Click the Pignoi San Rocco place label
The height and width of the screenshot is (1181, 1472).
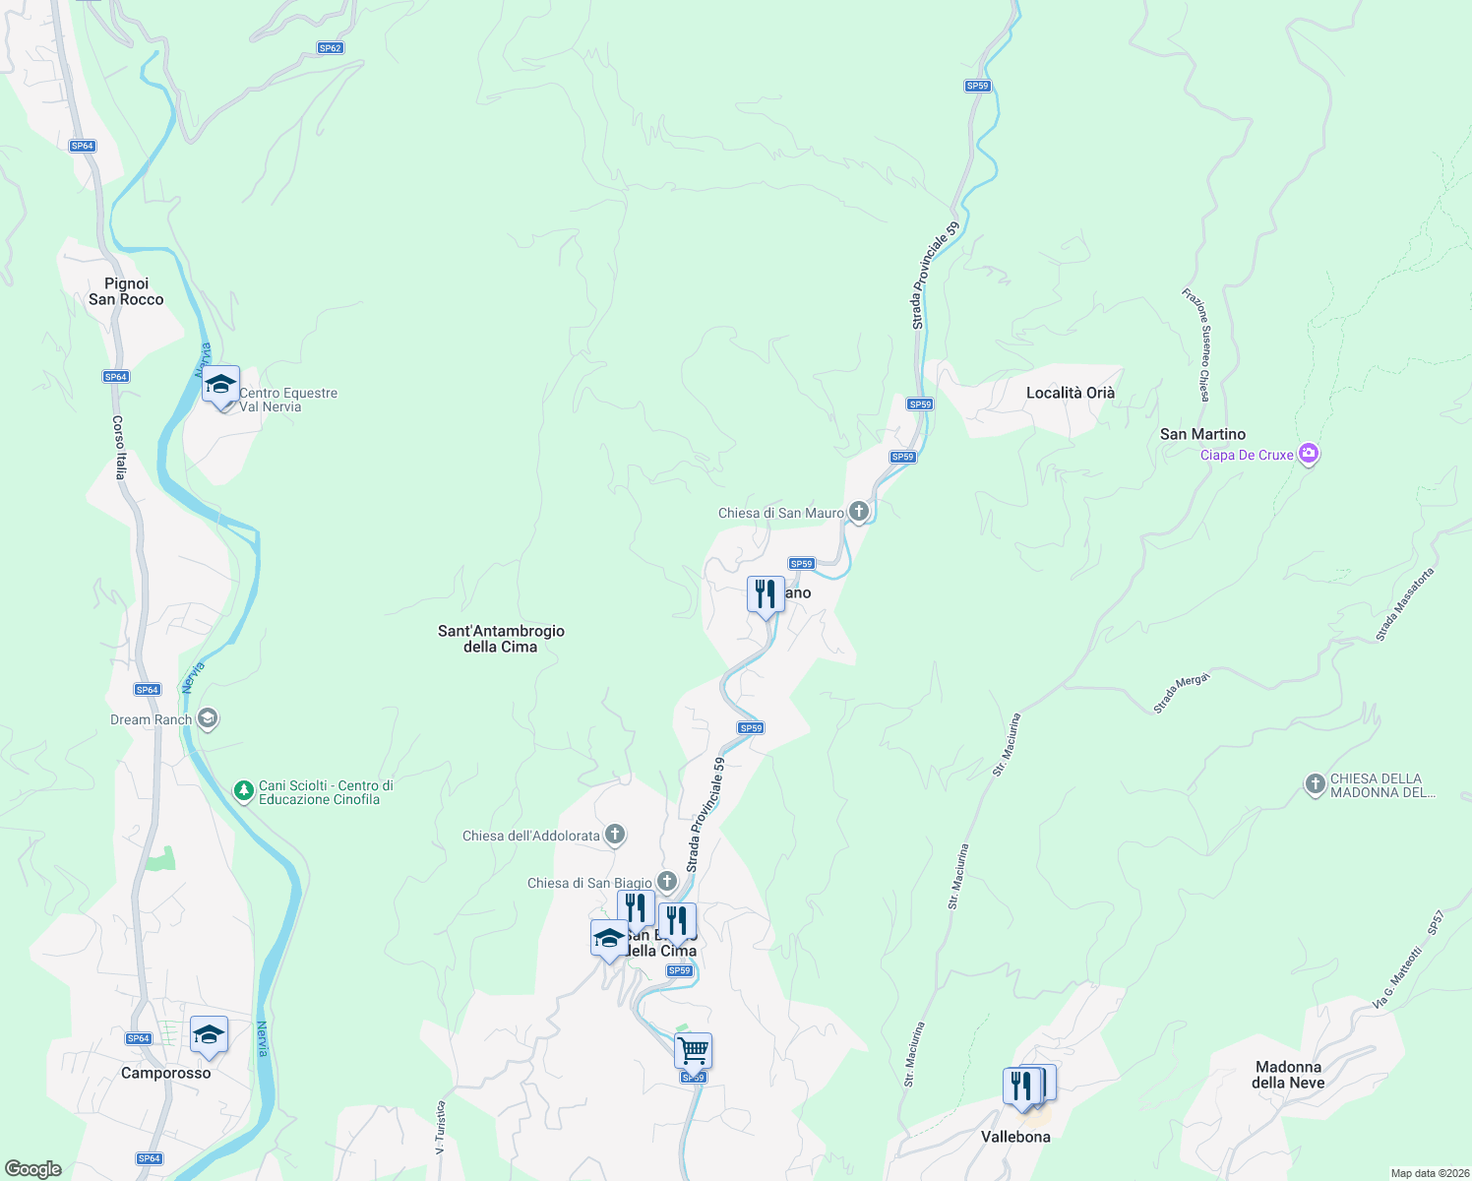pyautogui.click(x=126, y=291)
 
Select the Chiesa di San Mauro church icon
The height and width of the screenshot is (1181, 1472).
pyautogui.click(x=858, y=512)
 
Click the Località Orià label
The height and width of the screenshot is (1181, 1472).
pyautogui.click(x=1071, y=393)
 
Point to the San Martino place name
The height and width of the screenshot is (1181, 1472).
pyautogui.click(x=1202, y=434)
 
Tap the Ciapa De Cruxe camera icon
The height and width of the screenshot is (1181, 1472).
pyautogui.click(x=1308, y=454)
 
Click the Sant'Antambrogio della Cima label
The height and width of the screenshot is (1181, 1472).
pyautogui.click(x=501, y=639)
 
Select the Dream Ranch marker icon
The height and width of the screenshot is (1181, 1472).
pyautogui.click(x=207, y=718)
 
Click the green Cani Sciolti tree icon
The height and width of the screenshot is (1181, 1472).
pyautogui.click(x=243, y=790)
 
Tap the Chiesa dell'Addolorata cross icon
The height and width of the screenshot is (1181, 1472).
pyautogui.click(x=615, y=836)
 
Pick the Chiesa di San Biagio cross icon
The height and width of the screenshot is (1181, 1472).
pyautogui.click(x=667, y=882)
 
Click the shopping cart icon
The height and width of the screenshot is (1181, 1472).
pyautogui.click(x=693, y=1050)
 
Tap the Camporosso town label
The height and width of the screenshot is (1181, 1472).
pyautogui.click(x=165, y=1073)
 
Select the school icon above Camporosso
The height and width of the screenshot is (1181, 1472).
pyautogui.click(x=209, y=1034)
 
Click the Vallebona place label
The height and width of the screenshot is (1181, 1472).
pyautogui.click(x=1015, y=1137)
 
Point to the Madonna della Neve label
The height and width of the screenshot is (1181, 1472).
pyautogui.click(x=1288, y=1075)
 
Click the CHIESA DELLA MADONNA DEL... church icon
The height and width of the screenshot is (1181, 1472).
pyautogui.click(x=1316, y=784)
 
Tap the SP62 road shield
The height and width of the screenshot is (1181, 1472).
pyautogui.click(x=330, y=48)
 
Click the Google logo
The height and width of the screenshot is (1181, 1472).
pyautogui.click(x=33, y=1169)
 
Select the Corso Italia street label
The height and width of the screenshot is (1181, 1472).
pyautogui.click(x=119, y=448)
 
